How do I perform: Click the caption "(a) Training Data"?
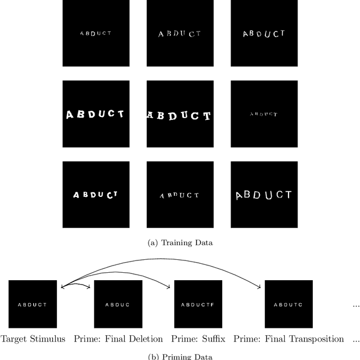coord(179,243)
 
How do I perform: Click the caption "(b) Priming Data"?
coord(179,356)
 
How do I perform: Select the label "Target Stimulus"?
coord(33,339)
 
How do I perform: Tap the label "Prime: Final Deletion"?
coord(118,339)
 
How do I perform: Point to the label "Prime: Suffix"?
coord(199,339)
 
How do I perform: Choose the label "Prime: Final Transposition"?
coord(288,339)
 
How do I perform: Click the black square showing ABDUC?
coord(118,304)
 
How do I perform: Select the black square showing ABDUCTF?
coord(199,304)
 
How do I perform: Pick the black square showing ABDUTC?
coord(288,304)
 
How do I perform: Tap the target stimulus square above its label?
coord(33,304)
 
